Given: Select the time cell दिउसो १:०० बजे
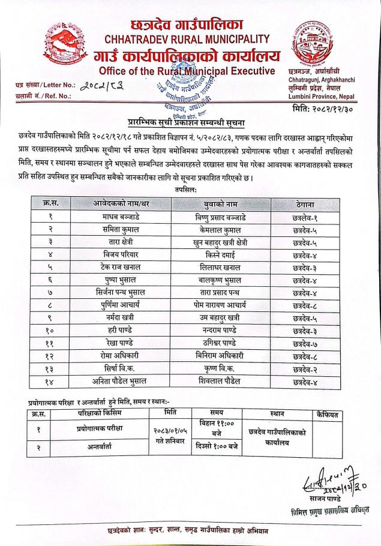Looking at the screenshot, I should click(x=217, y=446).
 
